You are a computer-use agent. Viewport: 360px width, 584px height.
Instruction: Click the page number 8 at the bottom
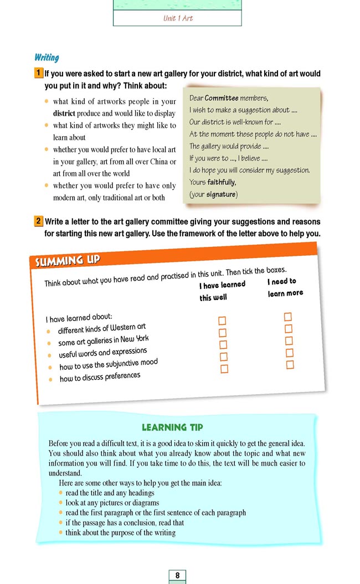coord(177,576)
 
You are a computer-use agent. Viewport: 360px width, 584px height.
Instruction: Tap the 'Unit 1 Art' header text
coord(177,18)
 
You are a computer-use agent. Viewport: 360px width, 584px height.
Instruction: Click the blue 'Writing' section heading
coord(47,58)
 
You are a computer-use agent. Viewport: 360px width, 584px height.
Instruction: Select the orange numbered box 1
coord(38,73)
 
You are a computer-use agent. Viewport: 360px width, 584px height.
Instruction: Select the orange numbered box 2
coord(38,221)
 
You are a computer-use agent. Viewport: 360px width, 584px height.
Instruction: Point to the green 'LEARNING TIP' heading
coord(172,427)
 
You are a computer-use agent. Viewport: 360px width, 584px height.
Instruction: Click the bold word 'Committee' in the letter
coord(222,98)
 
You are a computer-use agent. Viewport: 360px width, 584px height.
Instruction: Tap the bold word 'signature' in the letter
coord(220,194)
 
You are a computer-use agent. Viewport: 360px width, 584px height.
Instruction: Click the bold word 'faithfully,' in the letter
coord(222,182)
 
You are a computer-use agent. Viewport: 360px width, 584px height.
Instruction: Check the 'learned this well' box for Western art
coord(223,321)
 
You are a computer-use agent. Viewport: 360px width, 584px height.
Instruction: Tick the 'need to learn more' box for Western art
coord(288,317)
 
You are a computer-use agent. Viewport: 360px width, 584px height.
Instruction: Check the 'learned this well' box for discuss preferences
coord(224,369)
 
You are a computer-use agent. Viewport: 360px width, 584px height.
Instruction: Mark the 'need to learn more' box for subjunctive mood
coord(290,353)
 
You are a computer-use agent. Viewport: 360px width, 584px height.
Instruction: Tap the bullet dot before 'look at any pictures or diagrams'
coord(60,503)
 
